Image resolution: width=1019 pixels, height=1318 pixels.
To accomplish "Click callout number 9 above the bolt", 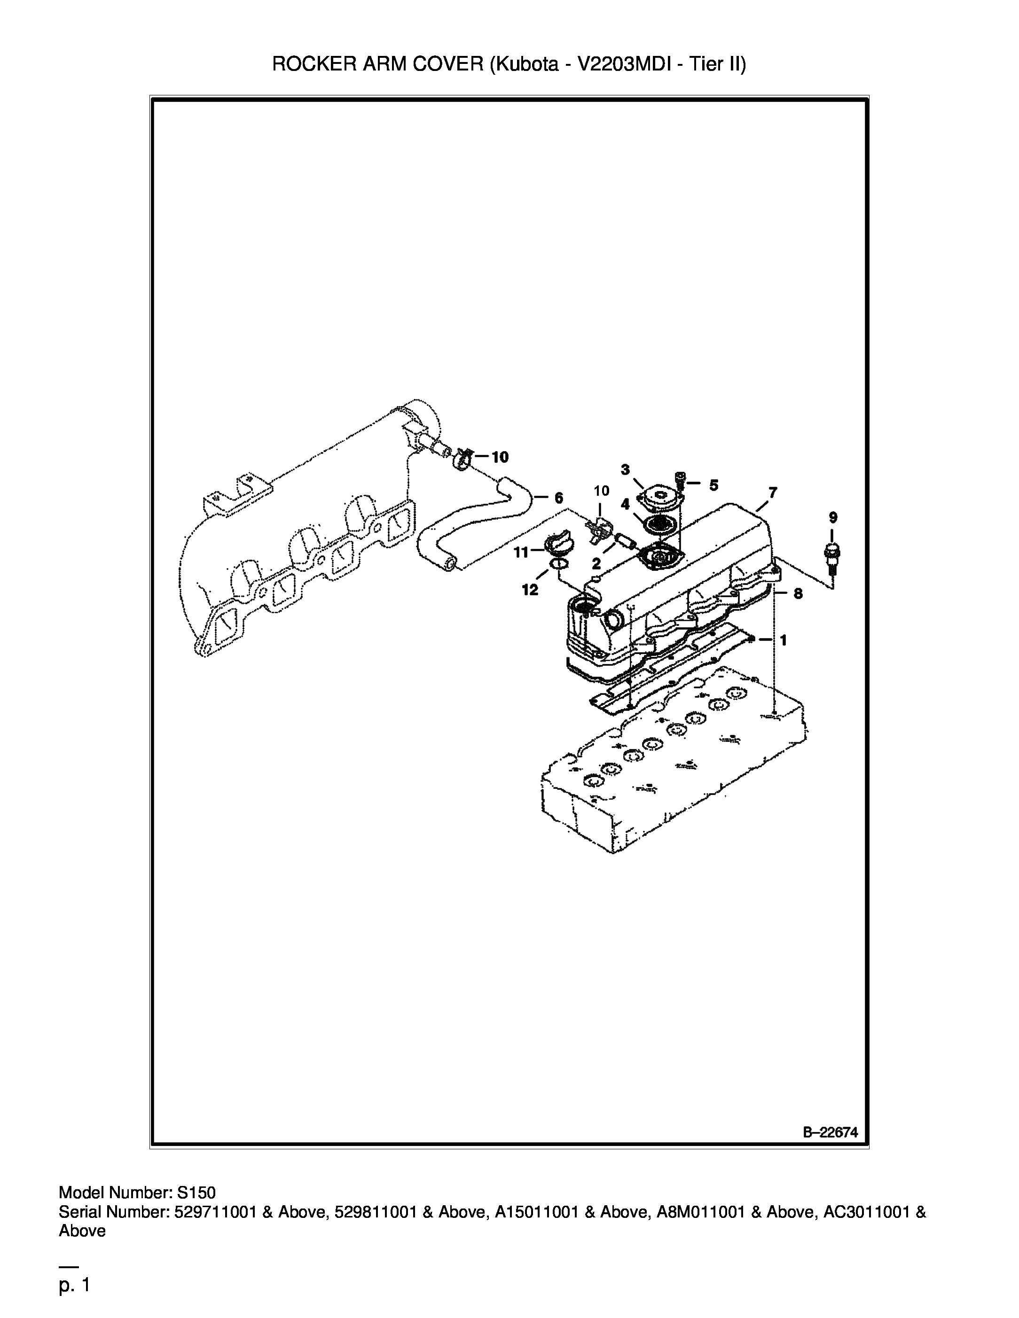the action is click(x=833, y=517).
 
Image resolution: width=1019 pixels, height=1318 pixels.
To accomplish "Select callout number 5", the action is click(x=713, y=485).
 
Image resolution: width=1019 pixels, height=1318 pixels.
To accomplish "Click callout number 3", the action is click(x=626, y=469).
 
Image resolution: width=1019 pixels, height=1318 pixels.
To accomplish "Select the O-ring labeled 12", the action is click(x=558, y=564).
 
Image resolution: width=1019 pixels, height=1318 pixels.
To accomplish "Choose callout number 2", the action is click(x=596, y=564).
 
